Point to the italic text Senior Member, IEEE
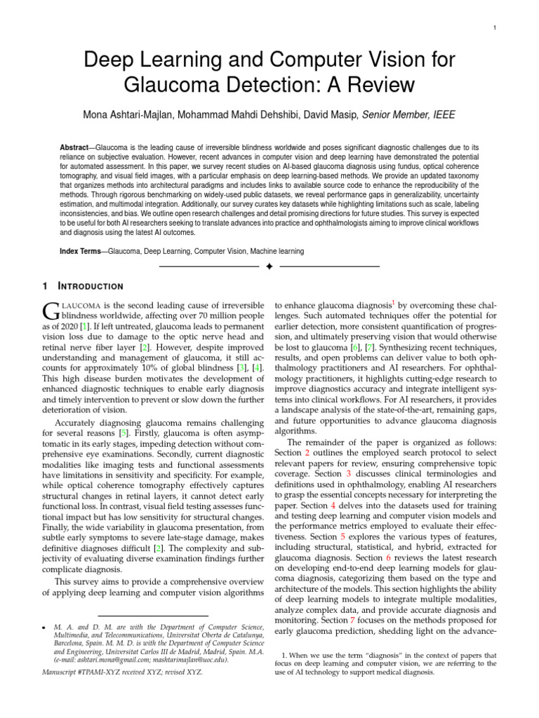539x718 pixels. [x=408, y=115]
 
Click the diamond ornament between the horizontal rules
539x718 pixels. [x=269, y=267]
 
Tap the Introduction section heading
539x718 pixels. [x=90, y=286]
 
